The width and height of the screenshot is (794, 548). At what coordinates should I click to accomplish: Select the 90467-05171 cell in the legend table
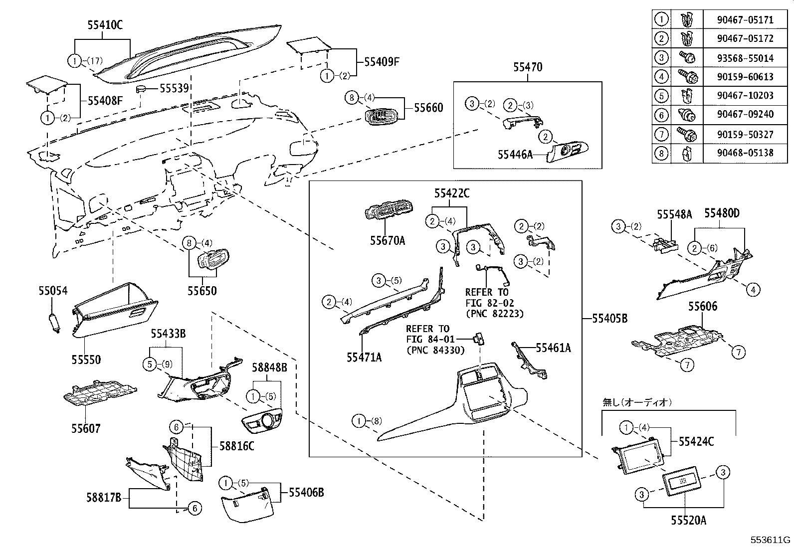tap(745, 20)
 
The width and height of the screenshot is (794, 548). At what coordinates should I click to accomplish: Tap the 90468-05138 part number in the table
tap(745, 153)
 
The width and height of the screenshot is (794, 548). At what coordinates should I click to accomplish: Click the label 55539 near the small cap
tap(174, 88)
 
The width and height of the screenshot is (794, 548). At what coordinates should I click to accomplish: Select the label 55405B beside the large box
tap(609, 318)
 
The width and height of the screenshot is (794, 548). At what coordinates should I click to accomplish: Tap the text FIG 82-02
tap(489, 303)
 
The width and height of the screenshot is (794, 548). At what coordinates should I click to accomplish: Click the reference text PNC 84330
tap(435, 350)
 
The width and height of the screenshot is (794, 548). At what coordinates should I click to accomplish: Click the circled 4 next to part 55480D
tap(753, 289)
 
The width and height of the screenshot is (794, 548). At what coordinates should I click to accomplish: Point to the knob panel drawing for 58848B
tap(262, 421)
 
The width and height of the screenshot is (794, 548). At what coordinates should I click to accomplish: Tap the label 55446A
tap(515, 155)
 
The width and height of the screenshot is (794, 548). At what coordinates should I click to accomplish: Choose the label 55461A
tap(553, 348)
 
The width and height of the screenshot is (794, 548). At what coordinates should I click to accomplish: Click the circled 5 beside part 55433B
tap(150, 365)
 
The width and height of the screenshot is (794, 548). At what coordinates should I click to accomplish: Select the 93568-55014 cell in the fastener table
tap(745, 58)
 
